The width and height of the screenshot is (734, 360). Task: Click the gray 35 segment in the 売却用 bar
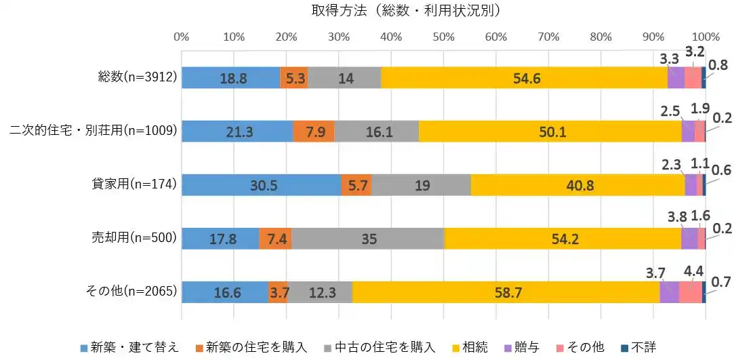click(367, 239)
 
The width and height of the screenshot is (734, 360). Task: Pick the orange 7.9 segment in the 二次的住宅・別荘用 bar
click(314, 132)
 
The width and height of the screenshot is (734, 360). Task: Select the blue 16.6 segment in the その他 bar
click(224, 292)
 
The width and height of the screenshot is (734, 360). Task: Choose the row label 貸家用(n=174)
click(134, 184)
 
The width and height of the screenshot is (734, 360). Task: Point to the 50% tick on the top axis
click(443, 36)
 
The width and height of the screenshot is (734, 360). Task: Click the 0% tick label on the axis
click(182, 36)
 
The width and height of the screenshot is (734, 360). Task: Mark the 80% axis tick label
click(600, 36)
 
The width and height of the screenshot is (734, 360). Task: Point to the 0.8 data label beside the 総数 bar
click(719, 66)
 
